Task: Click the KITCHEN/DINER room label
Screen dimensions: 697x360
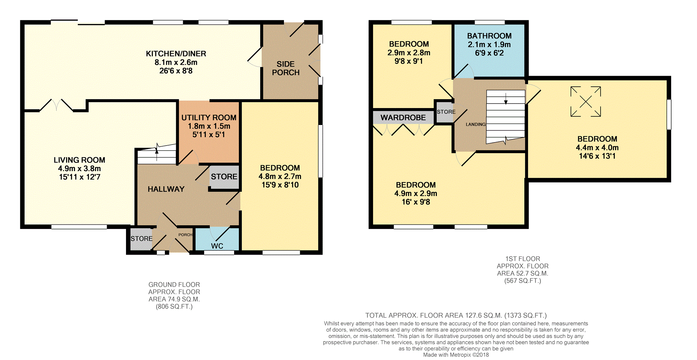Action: [176, 54]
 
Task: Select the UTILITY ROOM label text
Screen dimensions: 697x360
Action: [209, 118]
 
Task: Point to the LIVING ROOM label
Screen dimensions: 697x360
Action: [80, 160]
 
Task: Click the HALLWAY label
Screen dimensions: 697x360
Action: [166, 189]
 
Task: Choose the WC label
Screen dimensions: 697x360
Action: [217, 246]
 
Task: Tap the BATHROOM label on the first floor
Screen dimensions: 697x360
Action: [489, 36]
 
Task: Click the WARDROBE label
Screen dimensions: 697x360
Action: [403, 118]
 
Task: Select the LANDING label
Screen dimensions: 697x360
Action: [476, 124]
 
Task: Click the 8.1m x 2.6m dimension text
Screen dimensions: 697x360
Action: [176, 62]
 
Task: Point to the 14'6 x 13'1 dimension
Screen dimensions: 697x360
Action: [597, 156]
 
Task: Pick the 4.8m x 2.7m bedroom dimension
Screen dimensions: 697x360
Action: [280, 176]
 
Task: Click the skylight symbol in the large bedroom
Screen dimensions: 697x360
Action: [585, 102]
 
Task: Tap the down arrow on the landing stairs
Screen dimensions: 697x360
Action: [506, 98]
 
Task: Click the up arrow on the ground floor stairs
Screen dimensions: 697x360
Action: [157, 152]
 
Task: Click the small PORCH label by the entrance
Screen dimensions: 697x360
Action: [185, 235]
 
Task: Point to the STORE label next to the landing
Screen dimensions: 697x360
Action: [446, 112]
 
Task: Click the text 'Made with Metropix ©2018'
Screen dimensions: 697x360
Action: [456, 355]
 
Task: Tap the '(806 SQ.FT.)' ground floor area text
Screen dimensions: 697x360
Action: [174, 306]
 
